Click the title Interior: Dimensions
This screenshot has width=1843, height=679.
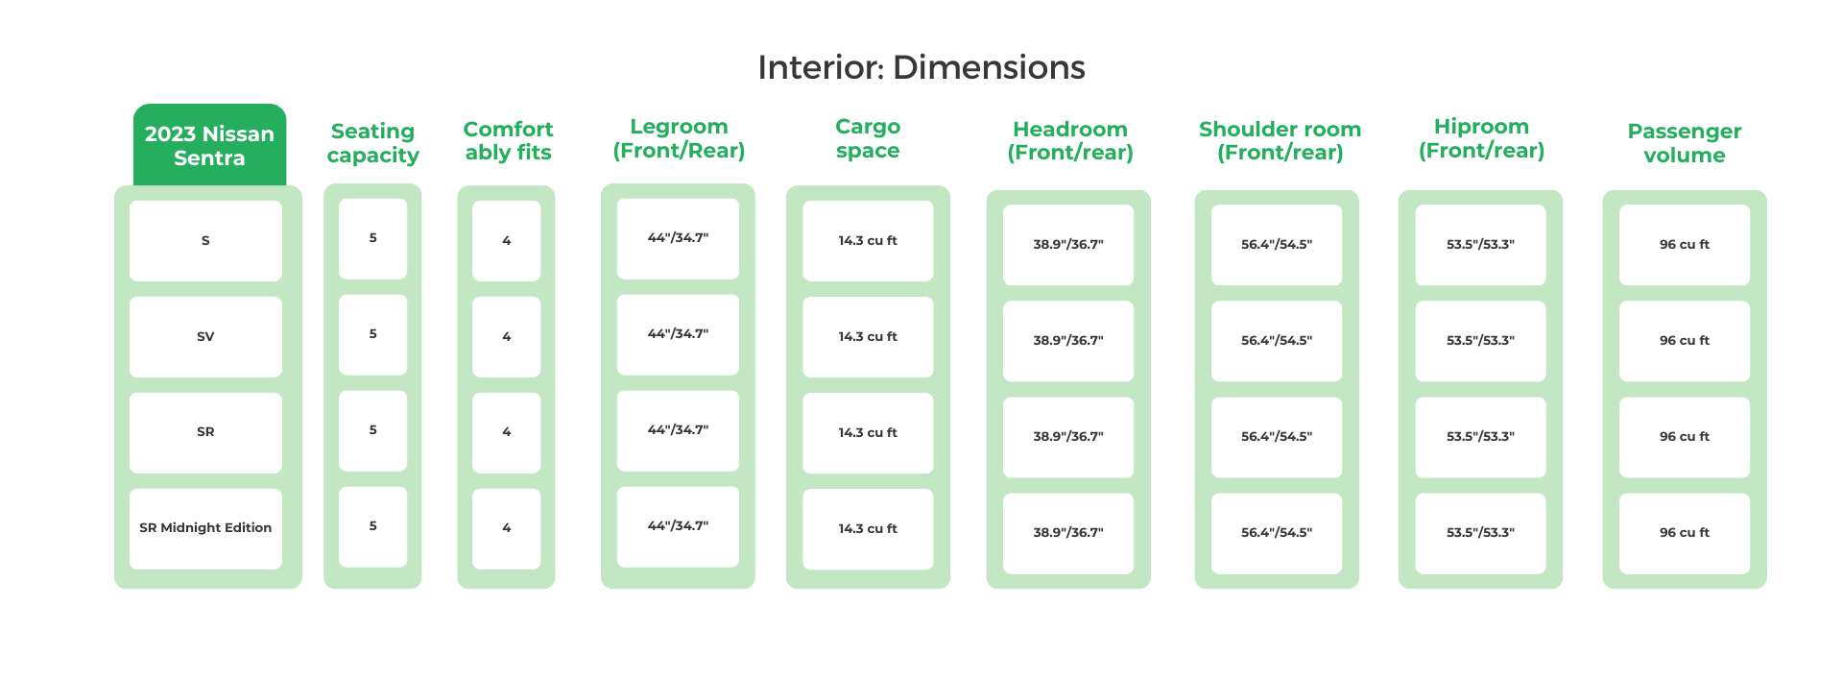pyautogui.click(x=921, y=67)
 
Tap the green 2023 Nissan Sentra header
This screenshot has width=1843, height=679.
pyautogui.click(x=209, y=146)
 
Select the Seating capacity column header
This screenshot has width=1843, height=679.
pyautogui.click(x=372, y=143)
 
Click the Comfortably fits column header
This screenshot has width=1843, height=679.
pyautogui.click(x=508, y=141)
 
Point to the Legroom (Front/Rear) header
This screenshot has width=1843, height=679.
pyautogui.click(x=679, y=138)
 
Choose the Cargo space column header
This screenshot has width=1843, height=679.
pyautogui.click(x=868, y=138)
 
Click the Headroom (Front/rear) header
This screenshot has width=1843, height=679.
pyautogui.click(x=1069, y=141)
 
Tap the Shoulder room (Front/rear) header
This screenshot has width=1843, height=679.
pyautogui.click(x=1280, y=141)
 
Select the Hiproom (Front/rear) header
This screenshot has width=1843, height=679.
pyautogui.click(x=1481, y=138)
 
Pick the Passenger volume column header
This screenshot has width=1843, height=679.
pyautogui.click(x=1684, y=143)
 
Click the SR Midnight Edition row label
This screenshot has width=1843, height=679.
pyautogui.click(x=205, y=528)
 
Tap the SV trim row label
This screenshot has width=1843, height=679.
pyautogui.click(x=205, y=337)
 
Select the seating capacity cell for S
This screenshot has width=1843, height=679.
pyautogui.click(x=372, y=238)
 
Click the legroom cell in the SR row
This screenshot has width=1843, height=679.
pyautogui.click(x=678, y=430)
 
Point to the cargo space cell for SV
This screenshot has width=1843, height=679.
pyautogui.click(x=868, y=337)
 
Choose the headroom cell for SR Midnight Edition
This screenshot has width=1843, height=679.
pyautogui.click(x=1068, y=533)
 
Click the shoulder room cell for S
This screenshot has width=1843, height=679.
pyautogui.click(x=1276, y=245)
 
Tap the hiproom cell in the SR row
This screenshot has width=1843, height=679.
pyautogui.click(x=1480, y=437)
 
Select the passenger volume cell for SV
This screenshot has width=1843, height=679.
pyautogui.click(x=1684, y=341)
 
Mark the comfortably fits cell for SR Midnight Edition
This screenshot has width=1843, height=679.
pyautogui.click(x=506, y=528)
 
